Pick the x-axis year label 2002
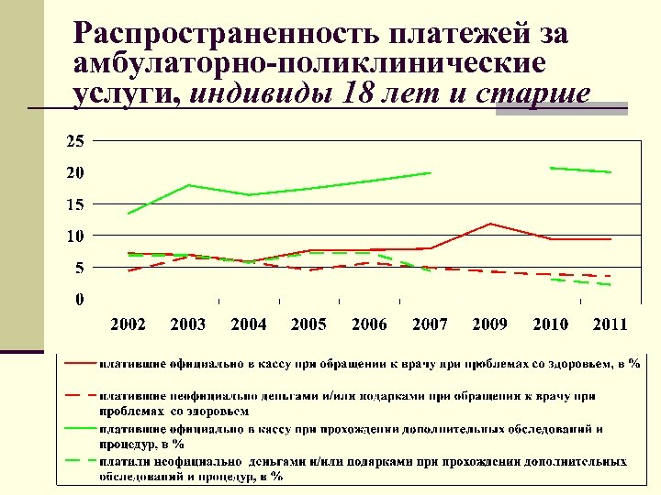pyautogui.click(x=128, y=324)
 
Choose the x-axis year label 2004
pyautogui.click(x=248, y=324)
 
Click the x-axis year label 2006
pyautogui.click(x=368, y=324)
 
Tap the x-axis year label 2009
pyautogui.click(x=489, y=324)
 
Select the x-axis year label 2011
pyautogui.click(x=610, y=324)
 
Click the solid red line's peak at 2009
pyautogui.click(x=490, y=224)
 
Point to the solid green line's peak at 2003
pyautogui.click(x=188, y=185)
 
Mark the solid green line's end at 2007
pyautogui.click(x=430, y=172)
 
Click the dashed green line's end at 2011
pyautogui.click(x=611, y=285)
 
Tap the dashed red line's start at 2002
pyautogui.click(x=129, y=270)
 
